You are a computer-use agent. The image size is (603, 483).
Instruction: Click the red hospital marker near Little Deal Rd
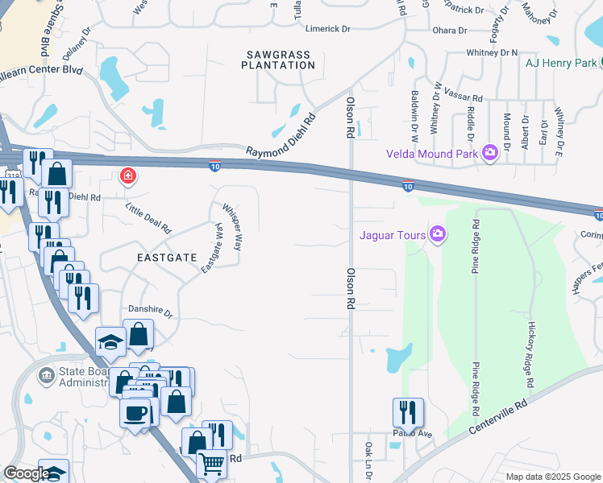coord(127,176)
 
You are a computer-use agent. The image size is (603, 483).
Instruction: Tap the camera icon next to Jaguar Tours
coord(438,235)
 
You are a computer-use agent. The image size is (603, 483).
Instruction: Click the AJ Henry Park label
coord(560,63)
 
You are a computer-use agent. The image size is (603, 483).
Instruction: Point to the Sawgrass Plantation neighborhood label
coord(277,60)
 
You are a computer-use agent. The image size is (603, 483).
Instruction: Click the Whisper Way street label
coord(232,226)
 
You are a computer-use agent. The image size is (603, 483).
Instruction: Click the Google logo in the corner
coord(27,473)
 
